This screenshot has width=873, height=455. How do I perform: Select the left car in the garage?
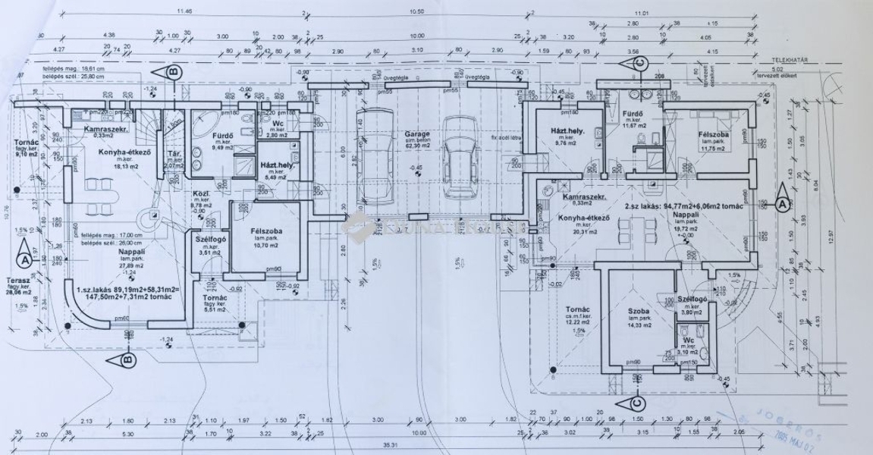click(x=374, y=158)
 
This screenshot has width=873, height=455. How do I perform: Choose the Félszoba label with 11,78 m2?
click(x=713, y=135)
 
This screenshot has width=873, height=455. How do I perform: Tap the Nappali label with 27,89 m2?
click(x=131, y=251)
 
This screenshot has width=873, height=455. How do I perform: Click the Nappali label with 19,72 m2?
click(x=688, y=215)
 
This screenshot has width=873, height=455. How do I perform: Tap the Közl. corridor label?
click(x=203, y=195)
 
